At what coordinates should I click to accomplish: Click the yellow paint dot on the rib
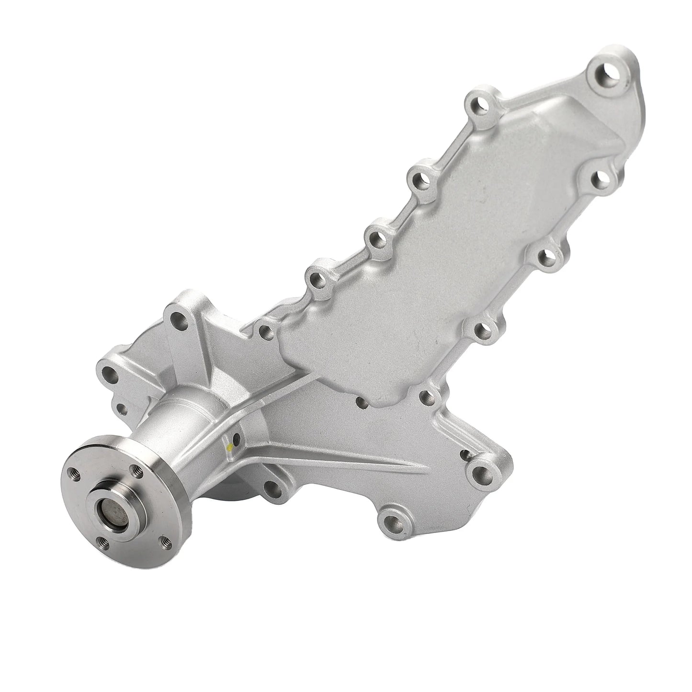tap(230, 448)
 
